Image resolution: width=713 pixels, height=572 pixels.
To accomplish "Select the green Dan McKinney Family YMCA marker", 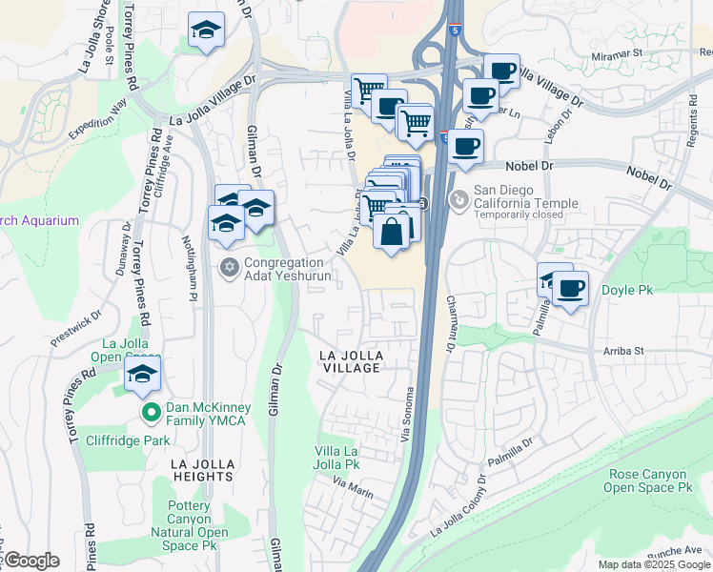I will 151,413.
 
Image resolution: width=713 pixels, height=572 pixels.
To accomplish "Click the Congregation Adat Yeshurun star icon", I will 229,266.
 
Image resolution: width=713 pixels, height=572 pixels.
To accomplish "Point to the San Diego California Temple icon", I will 459,198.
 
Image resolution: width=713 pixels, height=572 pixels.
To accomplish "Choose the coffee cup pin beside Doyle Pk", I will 570,288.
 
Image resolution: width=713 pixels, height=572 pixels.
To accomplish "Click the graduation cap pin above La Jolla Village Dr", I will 206,31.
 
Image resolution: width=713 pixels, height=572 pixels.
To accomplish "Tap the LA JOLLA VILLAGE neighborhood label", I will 351,361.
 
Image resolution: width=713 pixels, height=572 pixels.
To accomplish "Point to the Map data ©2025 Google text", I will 653,564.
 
